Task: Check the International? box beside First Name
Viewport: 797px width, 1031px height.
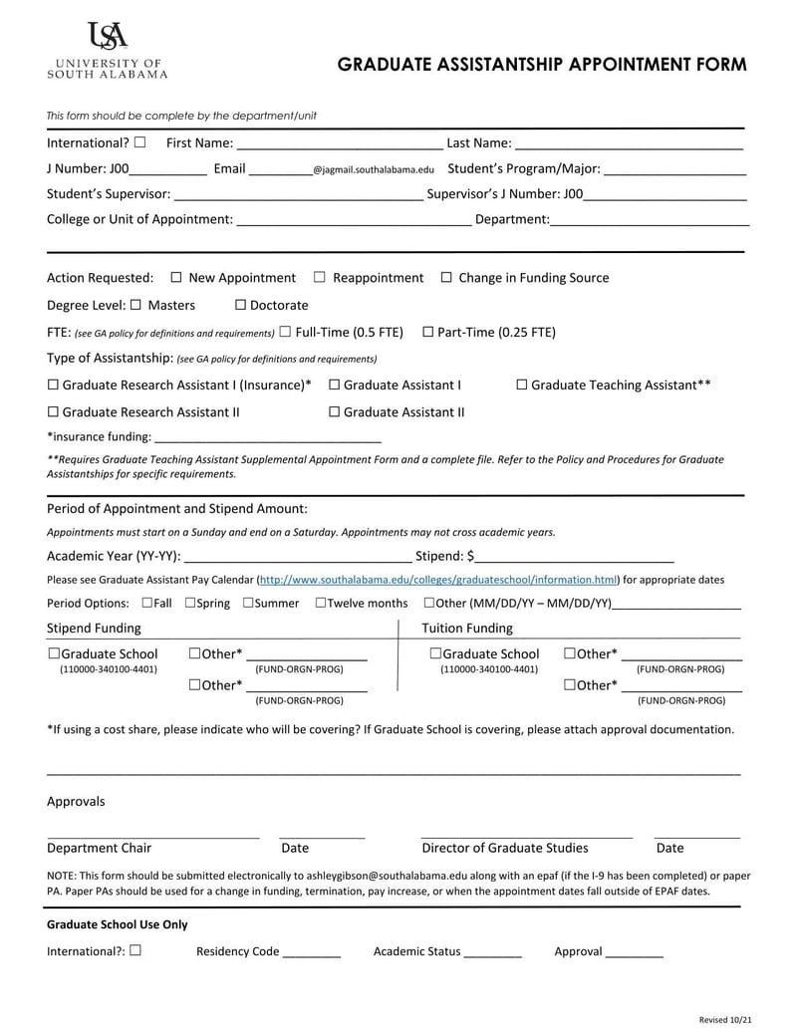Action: (x=139, y=143)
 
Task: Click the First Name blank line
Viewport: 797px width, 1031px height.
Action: (x=339, y=147)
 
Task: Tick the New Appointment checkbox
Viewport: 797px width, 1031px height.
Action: (x=176, y=278)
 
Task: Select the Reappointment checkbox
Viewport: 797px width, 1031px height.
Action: (x=320, y=278)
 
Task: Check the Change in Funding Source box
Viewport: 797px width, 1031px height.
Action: (x=446, y=278)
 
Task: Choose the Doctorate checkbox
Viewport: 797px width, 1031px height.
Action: (x=240, y=305)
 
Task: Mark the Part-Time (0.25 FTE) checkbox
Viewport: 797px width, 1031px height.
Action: (x=428, y=332)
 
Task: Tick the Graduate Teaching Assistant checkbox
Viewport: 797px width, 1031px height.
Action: (x=522, y=385)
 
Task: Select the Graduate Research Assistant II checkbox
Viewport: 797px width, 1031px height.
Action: (x=53, y=411)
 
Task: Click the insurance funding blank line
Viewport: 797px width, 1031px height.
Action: (x=268, y=438)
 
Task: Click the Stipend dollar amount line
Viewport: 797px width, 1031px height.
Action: (x=575, y=559)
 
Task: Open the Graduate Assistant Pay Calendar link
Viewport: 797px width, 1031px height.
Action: (x=438, y=580)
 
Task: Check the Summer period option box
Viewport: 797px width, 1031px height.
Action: (x=247, y=603)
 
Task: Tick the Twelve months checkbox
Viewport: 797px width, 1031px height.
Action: (x=321, y=603)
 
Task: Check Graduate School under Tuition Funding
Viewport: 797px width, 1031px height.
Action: (x=435, y=653)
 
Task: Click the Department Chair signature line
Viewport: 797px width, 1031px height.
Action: (x=152, y=835)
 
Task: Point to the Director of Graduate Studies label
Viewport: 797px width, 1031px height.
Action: (x=505, y=849)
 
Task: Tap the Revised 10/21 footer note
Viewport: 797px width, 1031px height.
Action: (x=723, y=1020)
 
